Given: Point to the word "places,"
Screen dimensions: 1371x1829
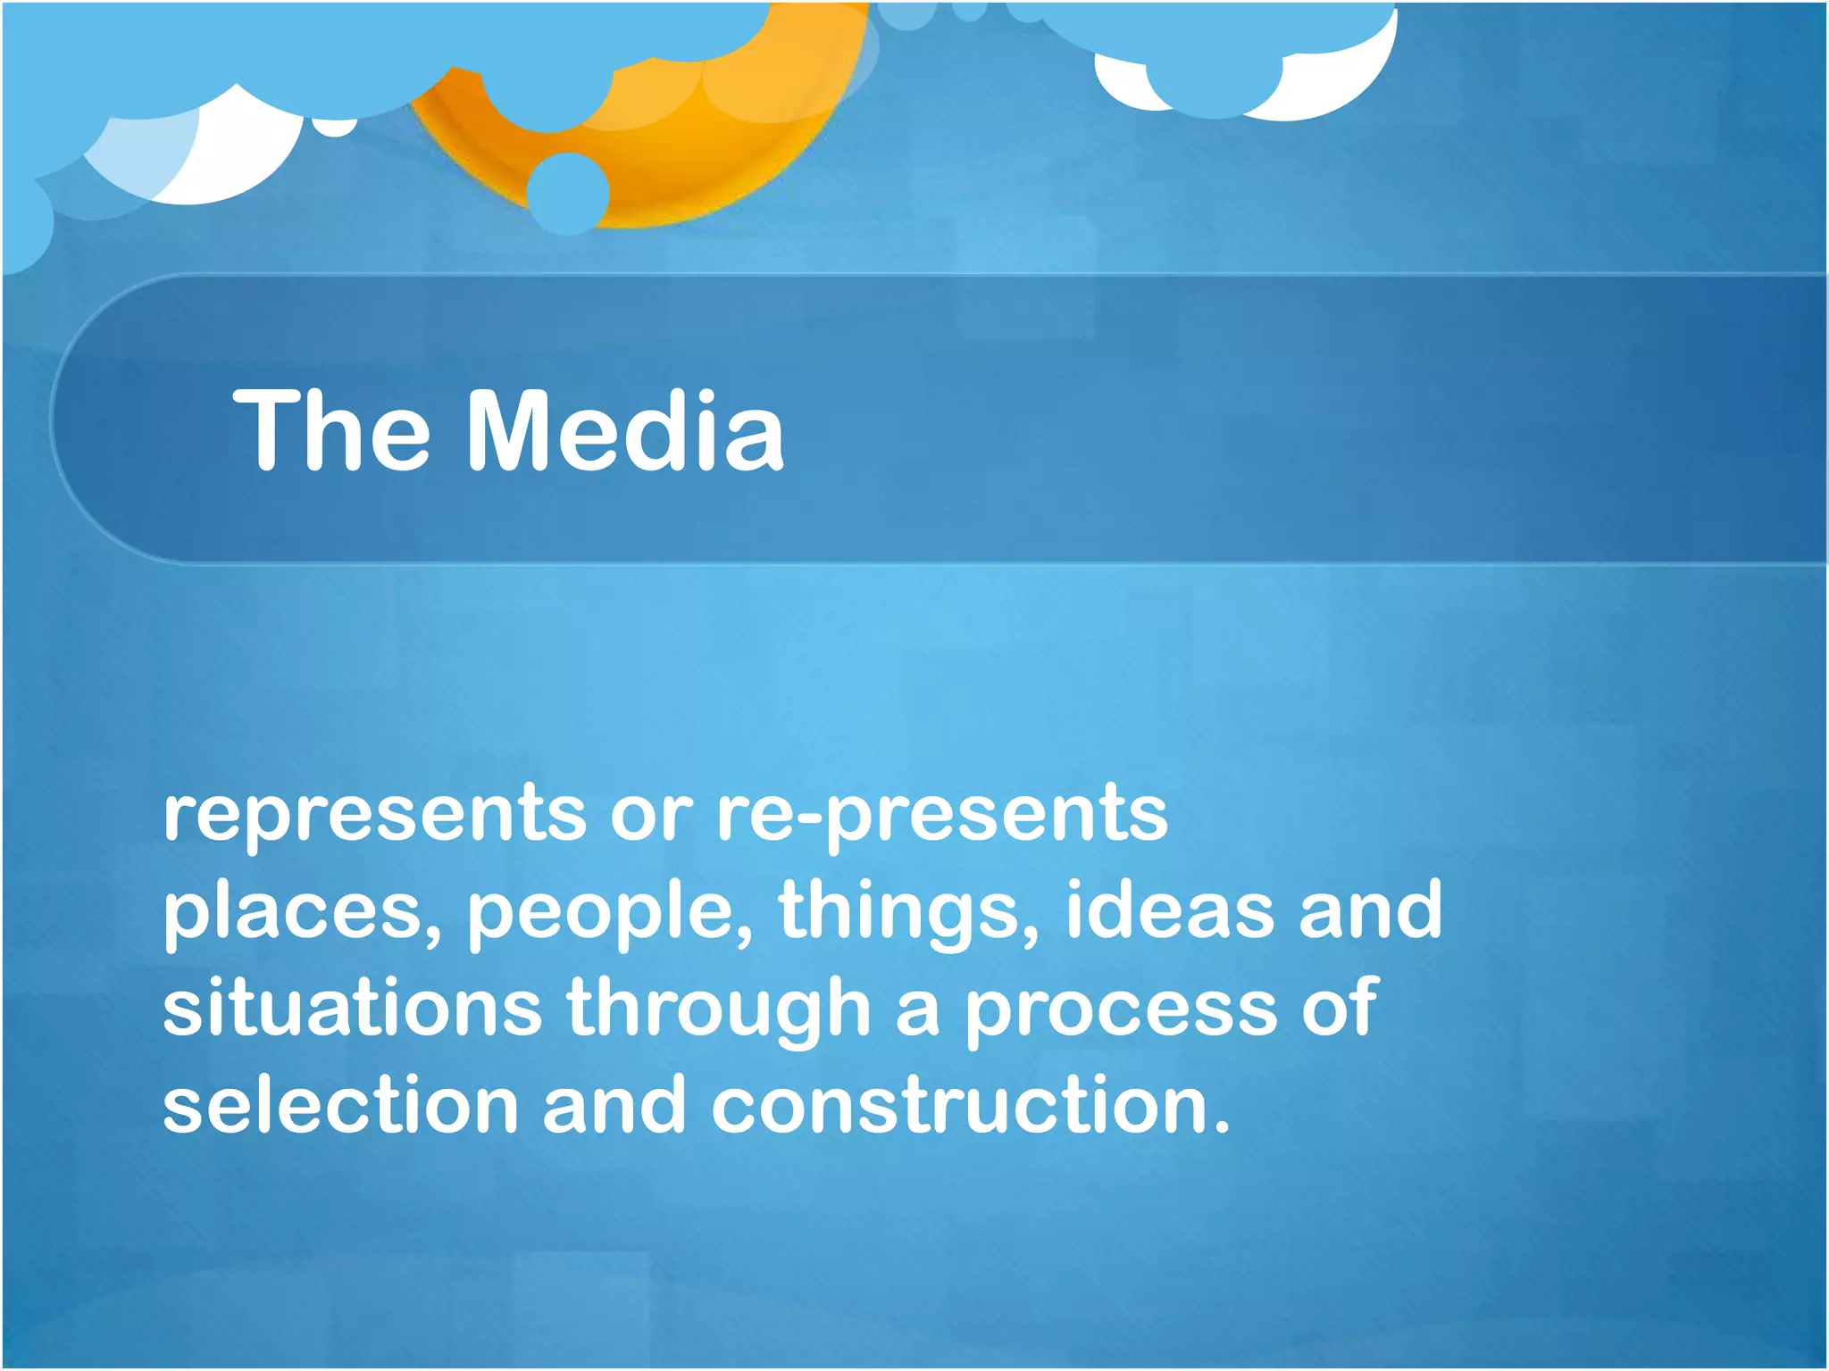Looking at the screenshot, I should pyautogui.click(x=302, y=912).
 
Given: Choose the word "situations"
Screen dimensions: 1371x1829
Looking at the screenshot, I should pyautogui.click(x=352, y=1009).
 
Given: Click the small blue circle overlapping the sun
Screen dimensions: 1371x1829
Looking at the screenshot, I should pyautogui.click(x=568, y=193).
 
